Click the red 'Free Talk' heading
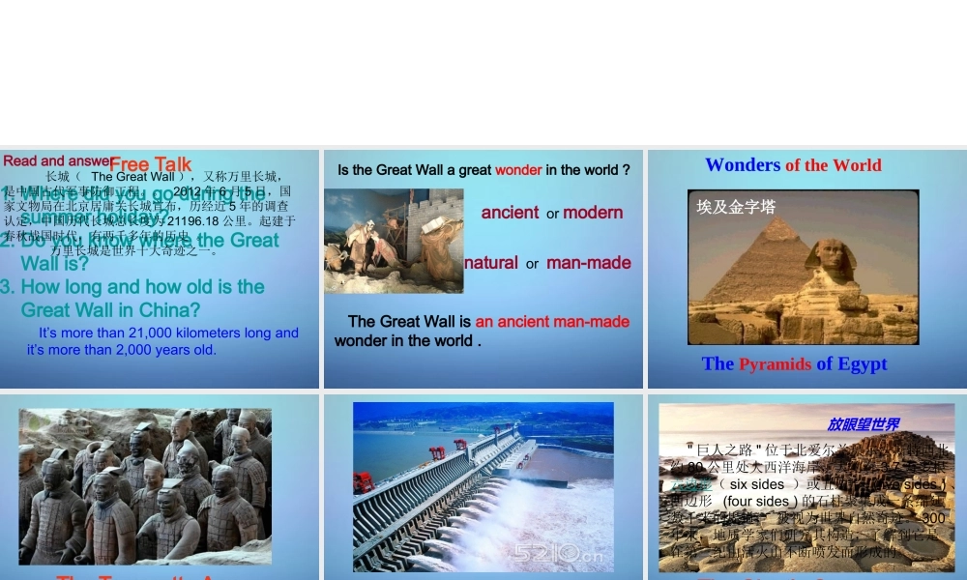150,165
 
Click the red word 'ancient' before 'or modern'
510,213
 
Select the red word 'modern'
593,213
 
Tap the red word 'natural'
491,263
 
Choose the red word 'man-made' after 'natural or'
588,263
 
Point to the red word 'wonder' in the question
518,170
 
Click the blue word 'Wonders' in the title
743,165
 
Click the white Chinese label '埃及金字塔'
736,207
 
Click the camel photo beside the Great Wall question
393,241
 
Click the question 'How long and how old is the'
142,287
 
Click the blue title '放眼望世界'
863,424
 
